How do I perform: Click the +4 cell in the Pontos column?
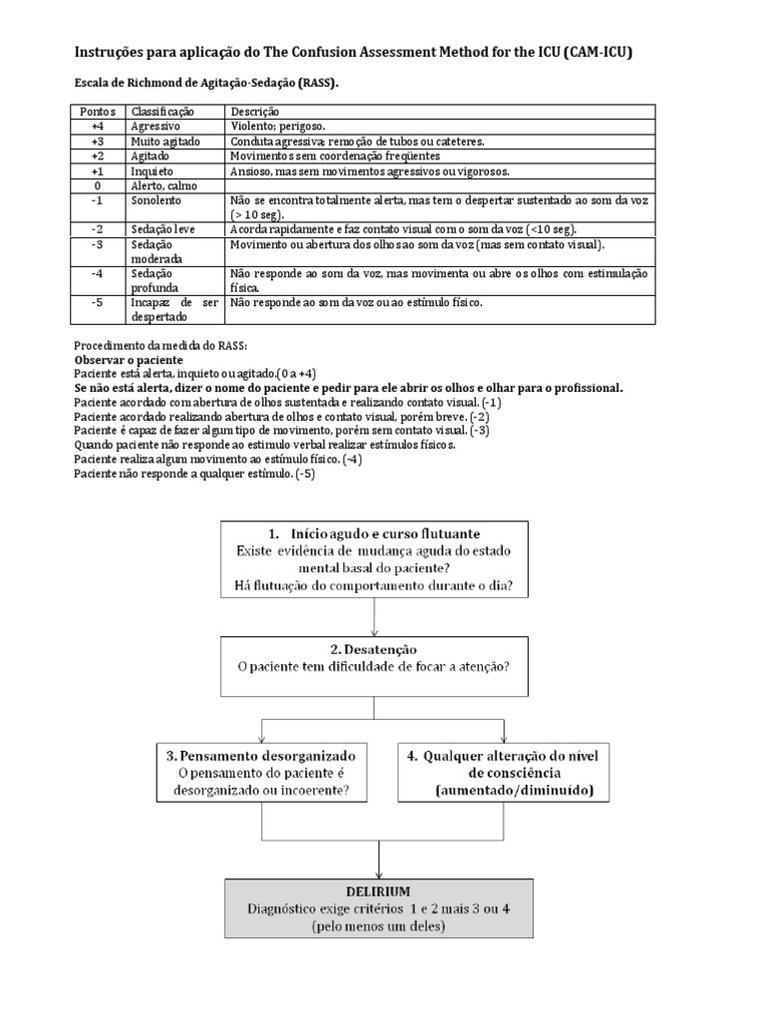[x=97, y=128]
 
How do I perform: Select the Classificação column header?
[x=163, y=112]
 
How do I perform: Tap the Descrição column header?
[x=254, y=112]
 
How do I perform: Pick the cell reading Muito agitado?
[x=162, y=142]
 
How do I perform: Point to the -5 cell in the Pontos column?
[x=97, y=302]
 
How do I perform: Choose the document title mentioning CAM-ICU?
[x=353, y=51]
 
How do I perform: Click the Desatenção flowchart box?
[x=374, y=666]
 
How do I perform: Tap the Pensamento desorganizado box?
[x=263, y=772]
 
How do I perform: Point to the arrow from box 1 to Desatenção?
[x=374, y=619]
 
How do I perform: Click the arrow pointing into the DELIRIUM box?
[x=381, y=858]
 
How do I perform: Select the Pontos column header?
[x=97, y=112]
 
